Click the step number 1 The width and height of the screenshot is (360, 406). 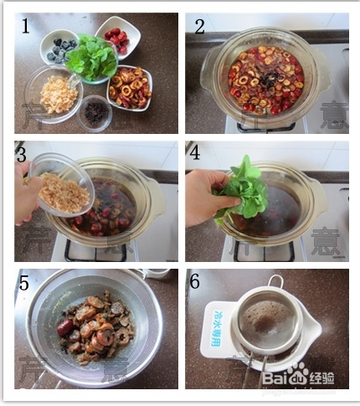pyautogui.click(x=26, y=27)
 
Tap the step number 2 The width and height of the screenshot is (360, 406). pyautogui.click(x=199, y=27)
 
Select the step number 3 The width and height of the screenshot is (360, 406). pyautogui.click(x=23, y=154)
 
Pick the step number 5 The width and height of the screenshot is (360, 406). pyautogui.click(x=23, y=284)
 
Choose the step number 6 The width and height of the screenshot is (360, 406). pyautogui.click(x=196, y=283)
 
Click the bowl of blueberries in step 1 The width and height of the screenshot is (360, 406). pyautogui.click(x=61, y=49)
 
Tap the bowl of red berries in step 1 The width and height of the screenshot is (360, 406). pyautogui.click(x=116, y=39)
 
